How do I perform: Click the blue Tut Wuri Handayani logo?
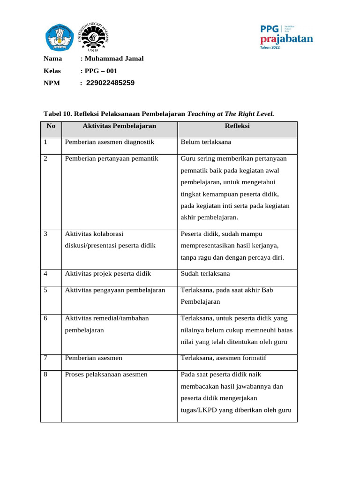point(59,37)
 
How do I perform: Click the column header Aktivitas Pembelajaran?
point(119,126)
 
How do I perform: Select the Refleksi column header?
point(237,126)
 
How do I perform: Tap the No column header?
point(51,126)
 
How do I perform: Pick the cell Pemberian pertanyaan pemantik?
point(112,158)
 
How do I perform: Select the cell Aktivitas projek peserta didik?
point(108,274)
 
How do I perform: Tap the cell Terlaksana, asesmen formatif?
point(223,358)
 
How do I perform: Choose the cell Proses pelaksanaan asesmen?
point(106,374)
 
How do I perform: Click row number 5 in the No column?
point(46,290)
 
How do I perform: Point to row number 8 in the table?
point(46,374)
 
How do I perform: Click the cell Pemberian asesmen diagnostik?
point(110,142)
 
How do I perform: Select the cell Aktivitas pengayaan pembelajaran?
point(115,290)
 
